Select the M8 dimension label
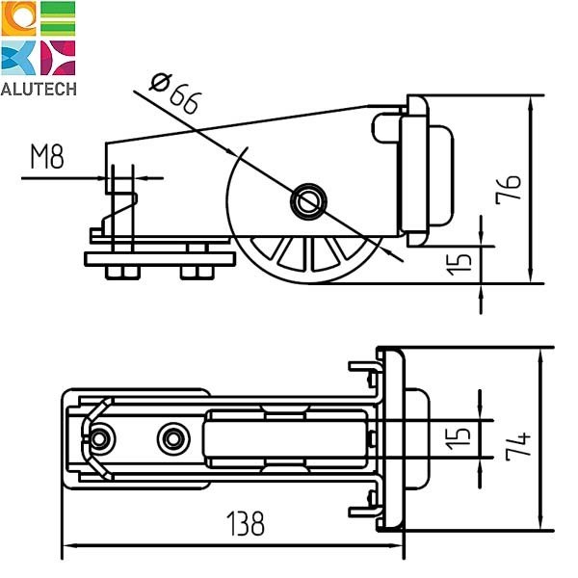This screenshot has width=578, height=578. (47, 157)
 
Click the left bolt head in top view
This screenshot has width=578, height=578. (97, 438)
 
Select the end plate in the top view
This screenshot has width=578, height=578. (392, 438)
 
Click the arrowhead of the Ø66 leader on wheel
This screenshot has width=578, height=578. (396, 259)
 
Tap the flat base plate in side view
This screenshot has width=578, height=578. (159, 259)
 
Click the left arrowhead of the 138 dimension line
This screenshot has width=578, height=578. (67, 546)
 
